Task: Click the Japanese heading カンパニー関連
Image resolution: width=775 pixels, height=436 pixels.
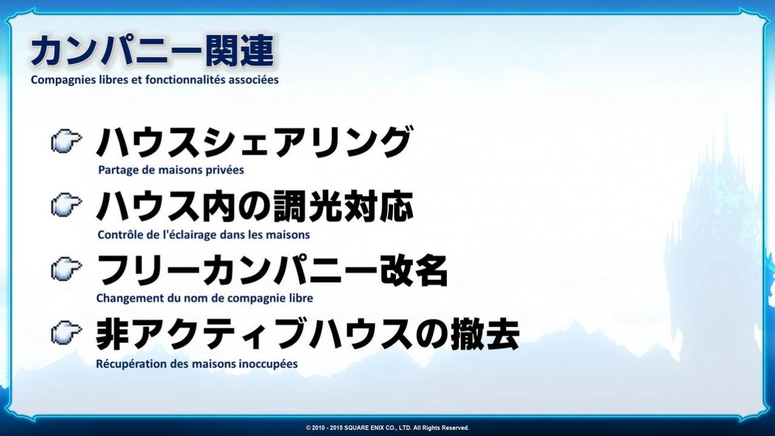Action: [x=152, y=50]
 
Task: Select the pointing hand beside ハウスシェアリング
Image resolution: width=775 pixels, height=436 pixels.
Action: [x=67, y=141]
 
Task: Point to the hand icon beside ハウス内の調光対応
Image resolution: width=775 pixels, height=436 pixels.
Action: [x=67, y=205]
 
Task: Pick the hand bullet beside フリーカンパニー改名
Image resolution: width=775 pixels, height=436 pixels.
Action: [x=67, y=269]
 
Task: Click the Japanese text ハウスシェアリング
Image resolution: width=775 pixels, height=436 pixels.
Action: [x=254, y=142]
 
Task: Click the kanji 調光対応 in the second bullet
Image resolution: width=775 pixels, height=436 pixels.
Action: [x=344, y=207]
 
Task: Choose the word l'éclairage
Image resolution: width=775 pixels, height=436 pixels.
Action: [x=190, y=235]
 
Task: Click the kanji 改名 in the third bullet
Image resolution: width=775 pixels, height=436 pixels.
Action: [x=414, y=270]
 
